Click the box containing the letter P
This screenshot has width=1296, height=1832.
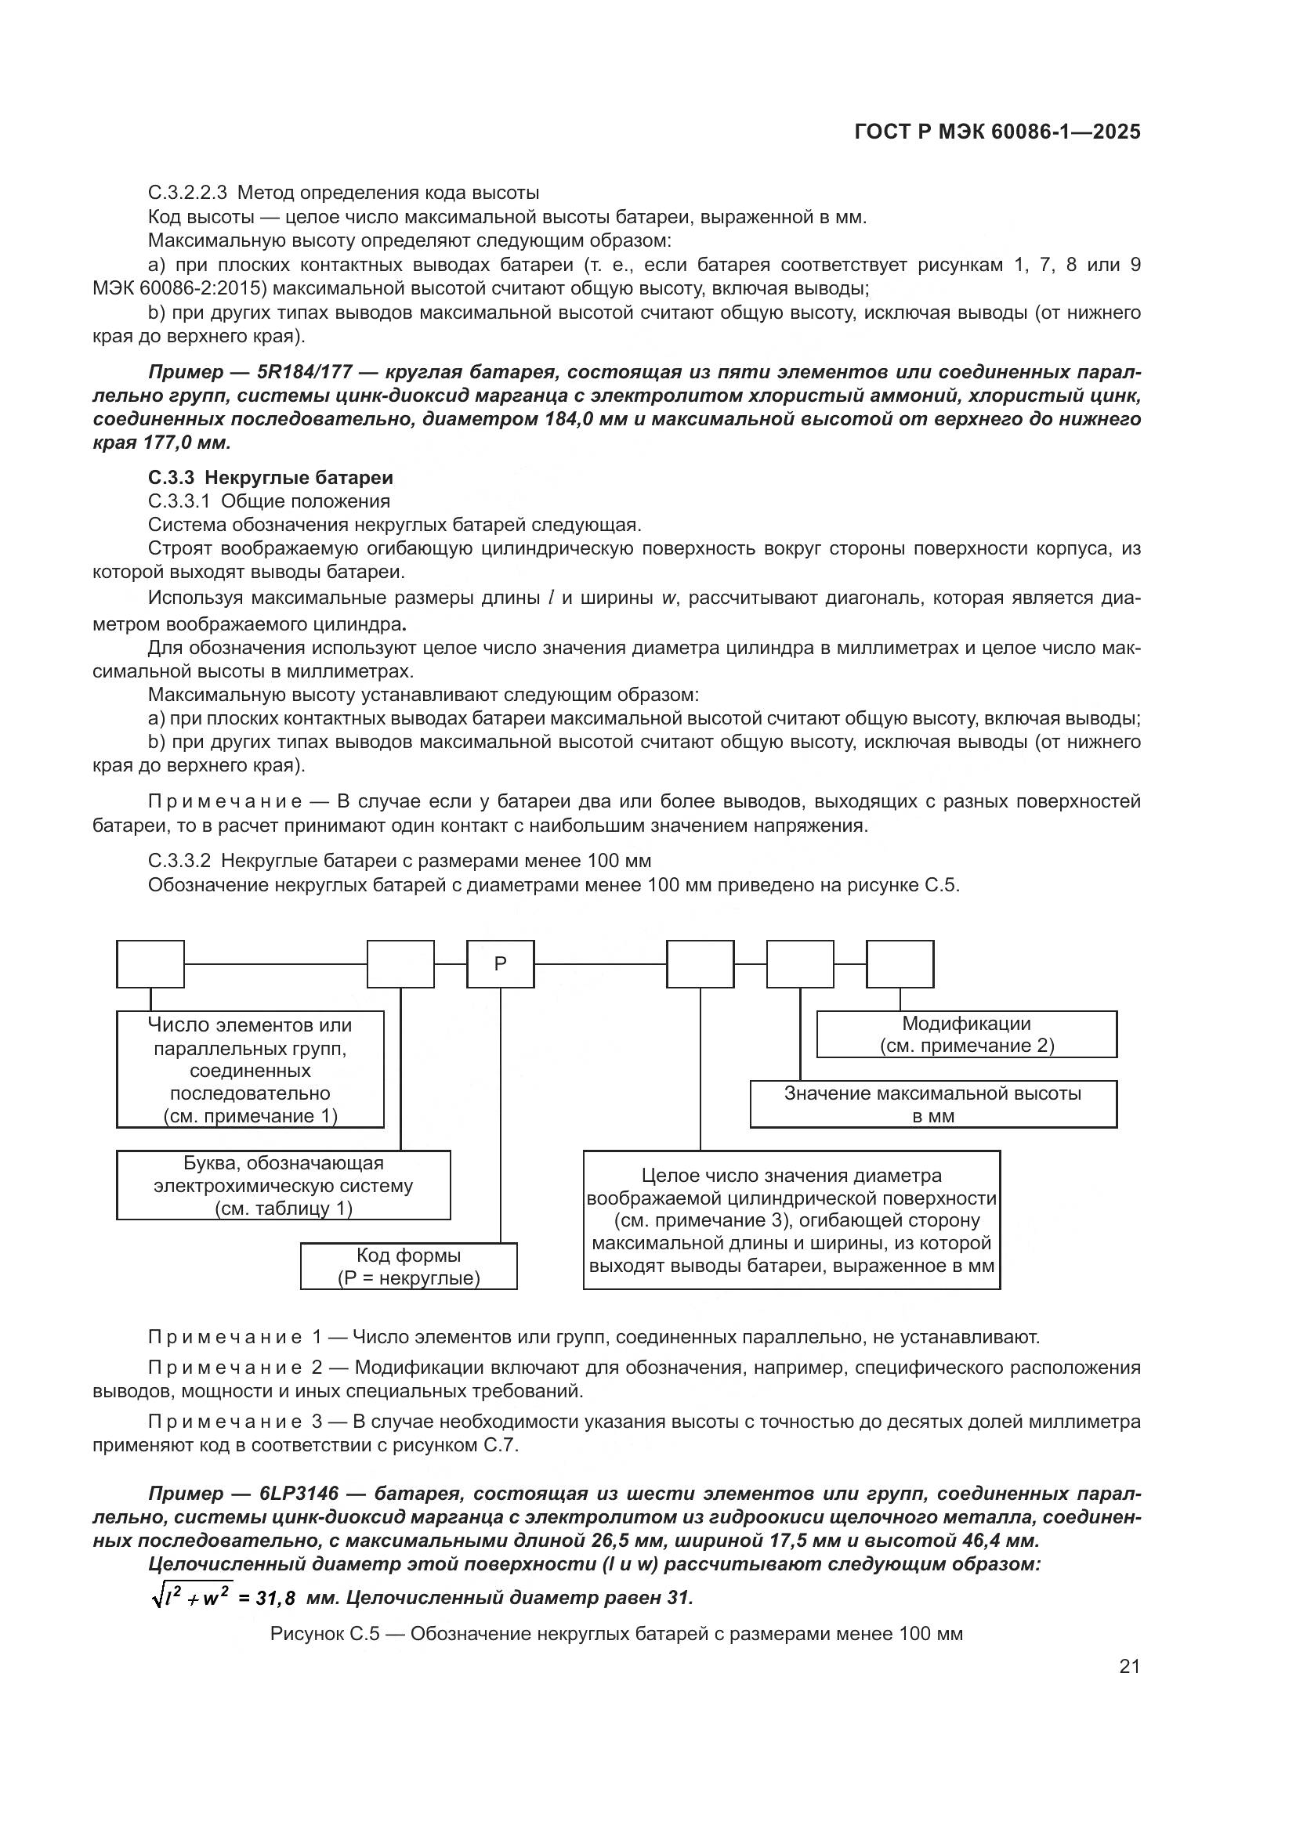501,964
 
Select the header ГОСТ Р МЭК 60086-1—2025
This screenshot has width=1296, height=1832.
997,132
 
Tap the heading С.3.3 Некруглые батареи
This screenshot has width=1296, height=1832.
270,478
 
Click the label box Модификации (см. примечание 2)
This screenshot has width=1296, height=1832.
966,1034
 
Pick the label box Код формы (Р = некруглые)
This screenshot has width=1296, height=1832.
408,1267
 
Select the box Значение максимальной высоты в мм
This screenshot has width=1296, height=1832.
933,1104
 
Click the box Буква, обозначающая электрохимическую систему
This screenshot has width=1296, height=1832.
284,1185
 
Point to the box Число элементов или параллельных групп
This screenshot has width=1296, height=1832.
250,1069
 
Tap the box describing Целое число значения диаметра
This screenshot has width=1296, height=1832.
791,1220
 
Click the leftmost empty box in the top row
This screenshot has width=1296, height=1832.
150,964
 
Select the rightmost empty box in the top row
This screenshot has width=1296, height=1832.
900,964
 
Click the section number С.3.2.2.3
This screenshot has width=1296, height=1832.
187,193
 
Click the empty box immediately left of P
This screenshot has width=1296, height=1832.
400,964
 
